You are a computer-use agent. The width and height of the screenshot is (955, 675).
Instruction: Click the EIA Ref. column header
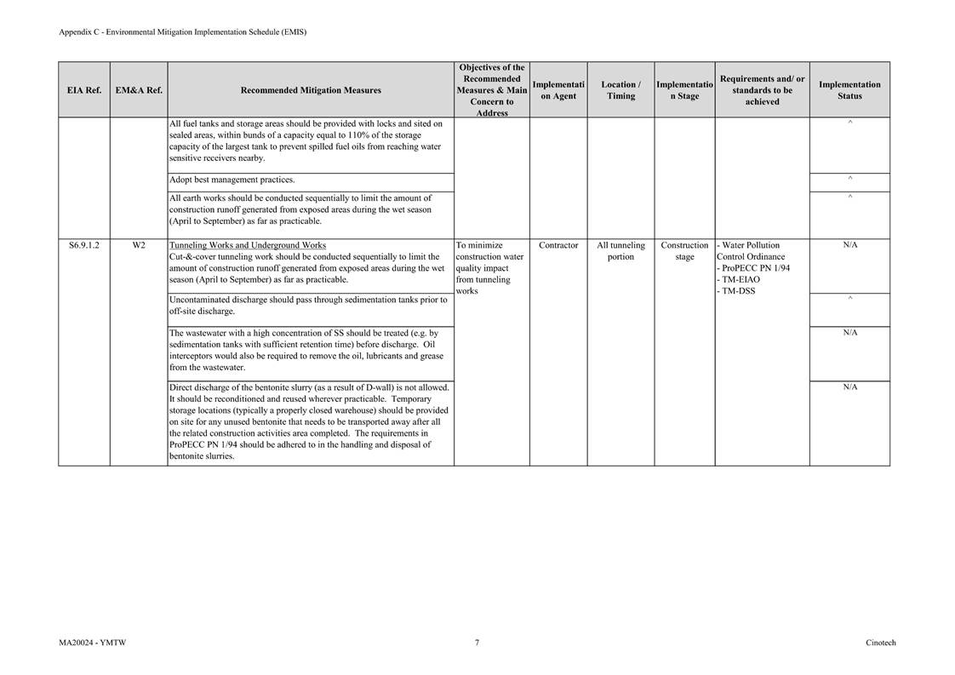pyautogui.click(x=84, y=90)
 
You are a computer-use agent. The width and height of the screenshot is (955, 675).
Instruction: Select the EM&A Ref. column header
pyautogui.click(x=139, y=90)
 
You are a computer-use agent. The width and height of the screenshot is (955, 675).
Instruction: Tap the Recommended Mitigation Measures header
pyautogui.click(x=311, y=90)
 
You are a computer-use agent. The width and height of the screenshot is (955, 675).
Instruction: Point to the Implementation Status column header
pyautogui.click(x=849, y=90)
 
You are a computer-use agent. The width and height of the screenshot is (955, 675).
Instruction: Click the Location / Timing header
pyautogui.click(x=620, y=90)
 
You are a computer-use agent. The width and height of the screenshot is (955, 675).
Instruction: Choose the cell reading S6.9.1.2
pyautogui.click(x=84, y=245)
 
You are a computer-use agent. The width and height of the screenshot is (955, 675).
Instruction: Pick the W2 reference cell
pyautogui.click(x=139, y=245)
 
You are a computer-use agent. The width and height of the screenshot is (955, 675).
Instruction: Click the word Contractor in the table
pyautogui.click(x=558, y=245)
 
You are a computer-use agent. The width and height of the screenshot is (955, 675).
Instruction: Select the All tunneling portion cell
pyautogui.click(x=620, y=251)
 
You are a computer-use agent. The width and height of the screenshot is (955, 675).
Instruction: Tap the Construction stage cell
pyautogui.click(x=684, y=251)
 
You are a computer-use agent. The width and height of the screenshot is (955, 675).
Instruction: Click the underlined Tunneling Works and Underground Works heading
pyautogui.click(x=248, y=245)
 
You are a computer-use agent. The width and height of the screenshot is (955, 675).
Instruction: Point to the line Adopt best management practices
pyautogui.click(x=232, y=180)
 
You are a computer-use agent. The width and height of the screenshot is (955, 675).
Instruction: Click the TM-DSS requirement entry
pyautogui.click(x=738, y=291)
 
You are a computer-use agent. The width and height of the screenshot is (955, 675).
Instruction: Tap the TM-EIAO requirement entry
pyautogui.click(x=741, y=279)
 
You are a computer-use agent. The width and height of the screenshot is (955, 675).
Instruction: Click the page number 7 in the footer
pyautogui.click(x=477, y=643)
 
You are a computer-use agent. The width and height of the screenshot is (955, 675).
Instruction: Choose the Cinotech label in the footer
pyautogui.click(x=880, y=643)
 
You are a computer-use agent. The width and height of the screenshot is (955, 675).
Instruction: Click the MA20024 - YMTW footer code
pyautogui.click(x=87, y=643)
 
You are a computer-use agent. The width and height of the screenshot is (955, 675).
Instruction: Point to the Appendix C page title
pyautogui.click(x=182, y=32)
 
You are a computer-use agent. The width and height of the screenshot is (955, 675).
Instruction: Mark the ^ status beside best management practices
pyautogui.click(x=849, y=179)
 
